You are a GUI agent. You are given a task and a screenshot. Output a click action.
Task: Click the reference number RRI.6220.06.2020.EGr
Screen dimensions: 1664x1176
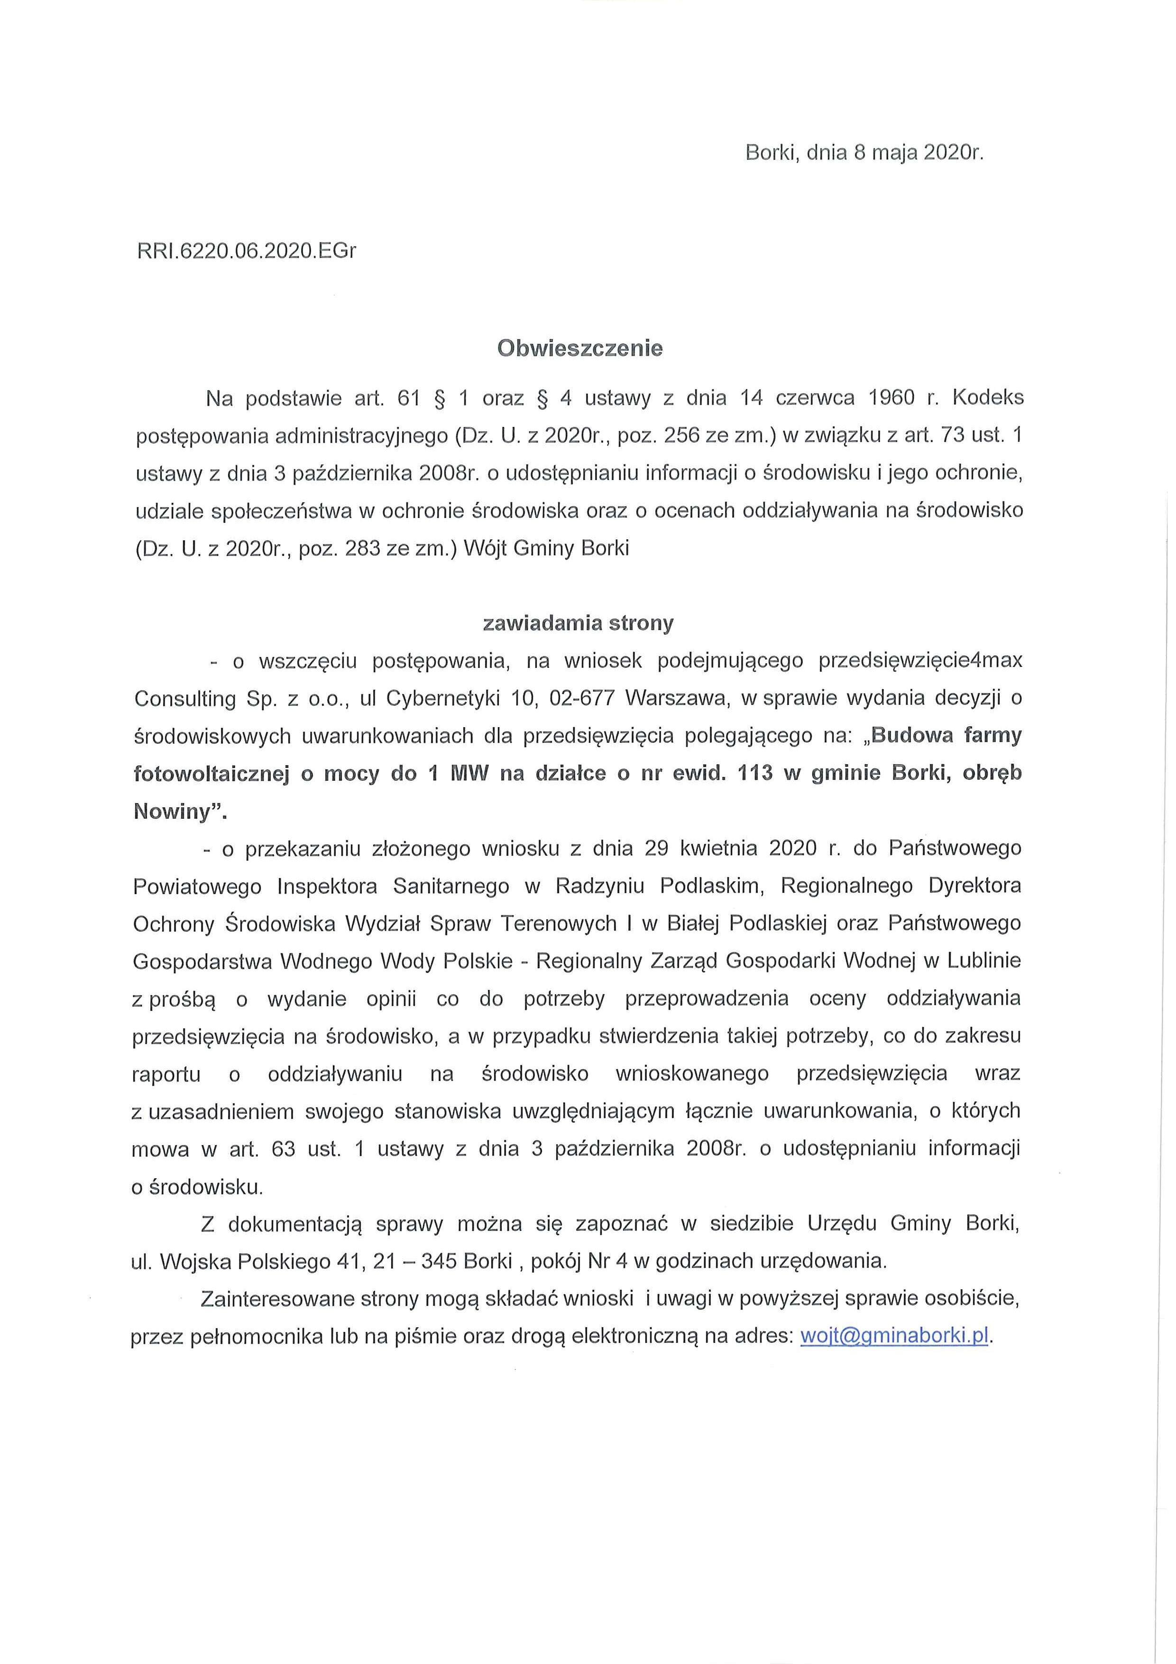pos(247,251)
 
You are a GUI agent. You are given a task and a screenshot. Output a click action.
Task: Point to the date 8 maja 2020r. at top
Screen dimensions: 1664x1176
pos(919,153)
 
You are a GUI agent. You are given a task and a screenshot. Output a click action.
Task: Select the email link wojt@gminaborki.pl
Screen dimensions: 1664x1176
pos(894,1336)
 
